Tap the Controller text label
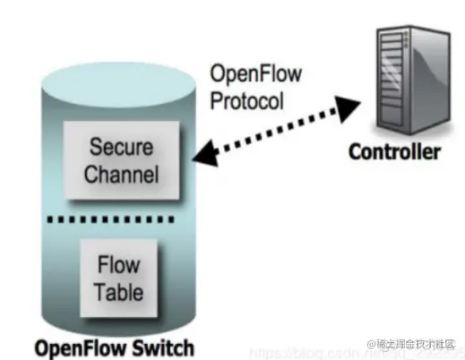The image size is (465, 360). (x=394, y=151)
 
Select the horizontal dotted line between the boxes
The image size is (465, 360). (x=121, y=220)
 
